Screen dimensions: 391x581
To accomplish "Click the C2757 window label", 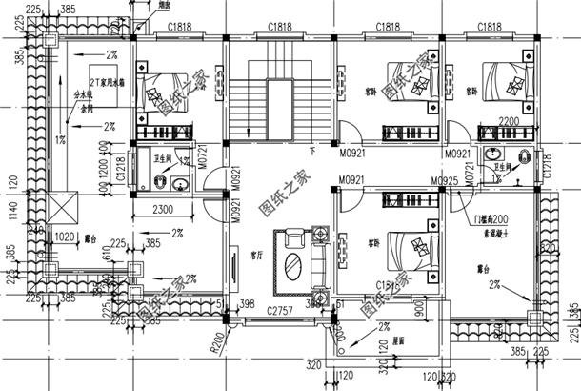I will [x=279, y=312].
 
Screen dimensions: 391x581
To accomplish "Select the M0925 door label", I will [x=445, y=179].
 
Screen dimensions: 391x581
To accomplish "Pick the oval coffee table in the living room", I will [x=293, y=257].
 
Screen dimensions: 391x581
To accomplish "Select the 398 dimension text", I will [x=247, y=302].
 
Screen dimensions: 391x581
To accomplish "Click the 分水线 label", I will [x=84, y=96].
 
